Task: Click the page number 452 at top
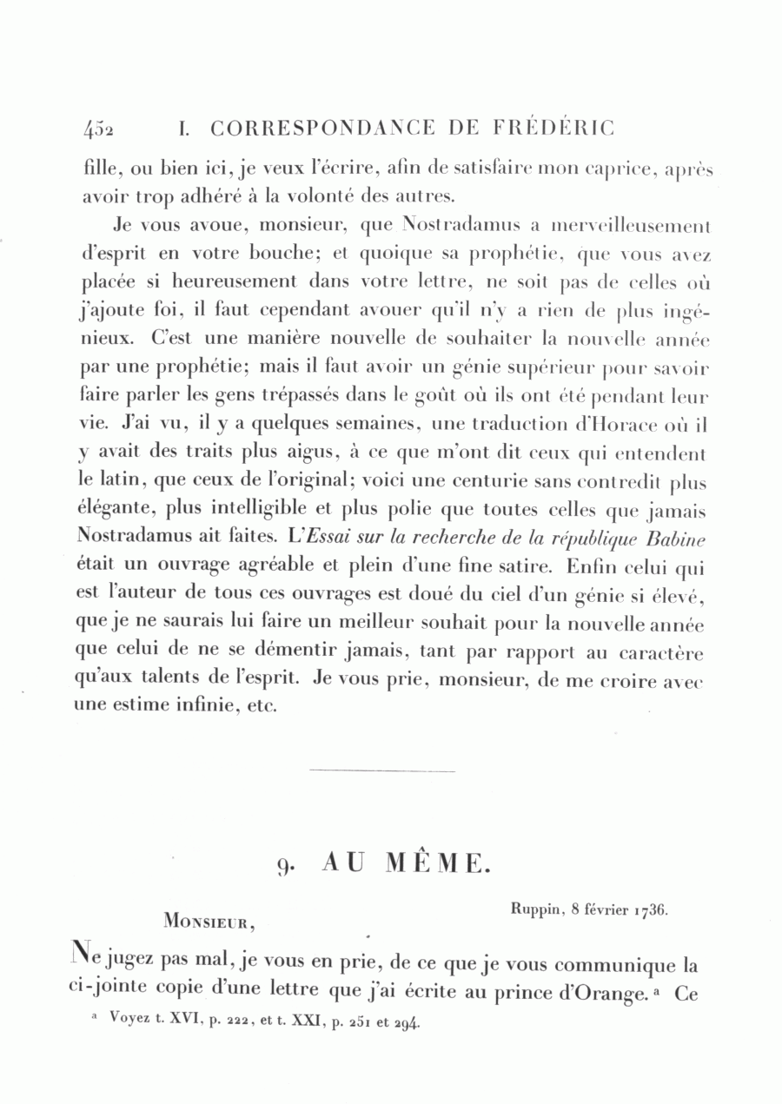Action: pos(101,129)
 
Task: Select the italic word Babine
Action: pos(676,539)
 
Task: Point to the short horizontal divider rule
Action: pos(381,770)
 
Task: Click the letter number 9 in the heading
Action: pos(284,865)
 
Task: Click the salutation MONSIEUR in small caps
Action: pos(209,919)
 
